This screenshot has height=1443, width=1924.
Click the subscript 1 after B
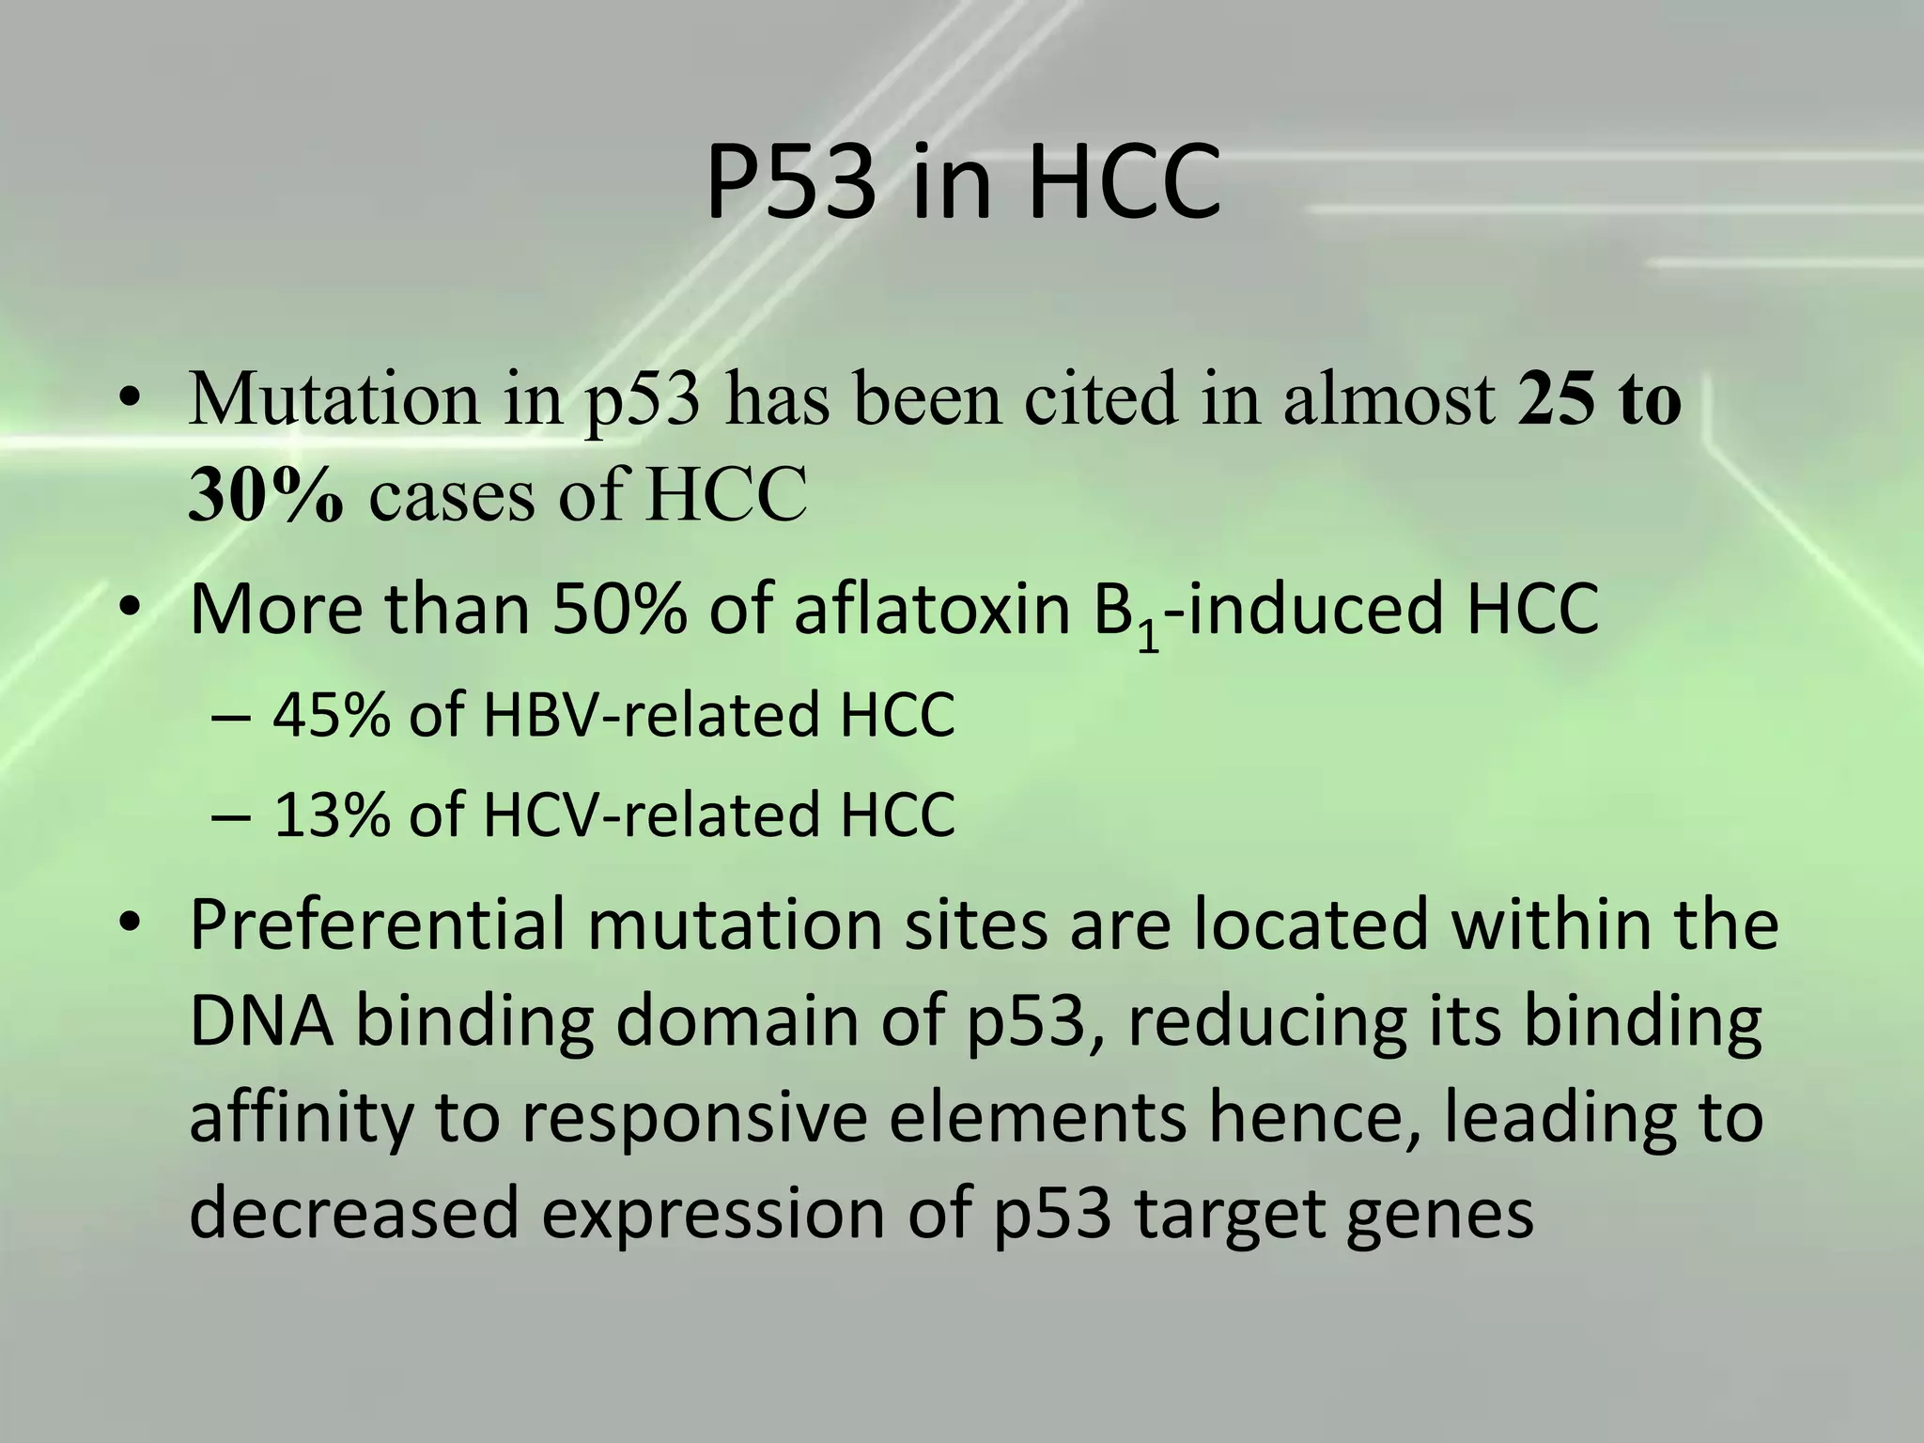pos(1148,639)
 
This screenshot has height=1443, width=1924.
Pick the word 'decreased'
pos(353,1213)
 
